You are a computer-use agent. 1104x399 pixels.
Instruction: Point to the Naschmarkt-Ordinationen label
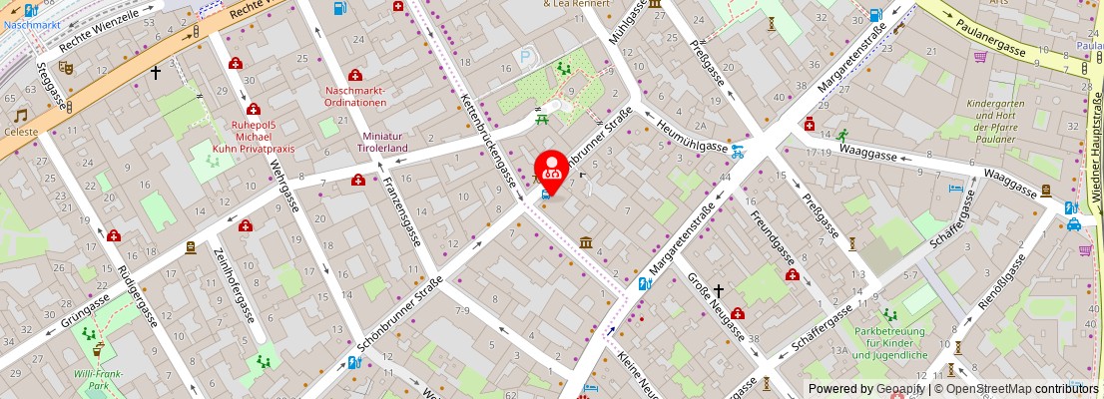coord(355,97)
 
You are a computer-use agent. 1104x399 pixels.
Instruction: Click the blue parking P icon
coord(525,58)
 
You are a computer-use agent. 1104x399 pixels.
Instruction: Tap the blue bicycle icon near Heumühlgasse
coord(738,153)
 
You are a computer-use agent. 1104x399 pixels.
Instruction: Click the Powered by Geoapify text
coord(865,388)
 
